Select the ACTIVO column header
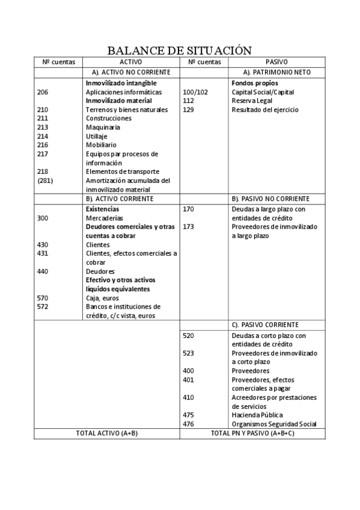130,61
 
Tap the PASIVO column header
276,61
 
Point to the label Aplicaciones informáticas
124,92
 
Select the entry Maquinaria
103,127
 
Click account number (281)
46,180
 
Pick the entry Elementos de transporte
123,171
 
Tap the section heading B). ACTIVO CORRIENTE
120,198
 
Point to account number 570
42,298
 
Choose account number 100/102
195,92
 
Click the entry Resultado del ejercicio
264,110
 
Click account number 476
188,424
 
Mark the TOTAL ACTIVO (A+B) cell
107,433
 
